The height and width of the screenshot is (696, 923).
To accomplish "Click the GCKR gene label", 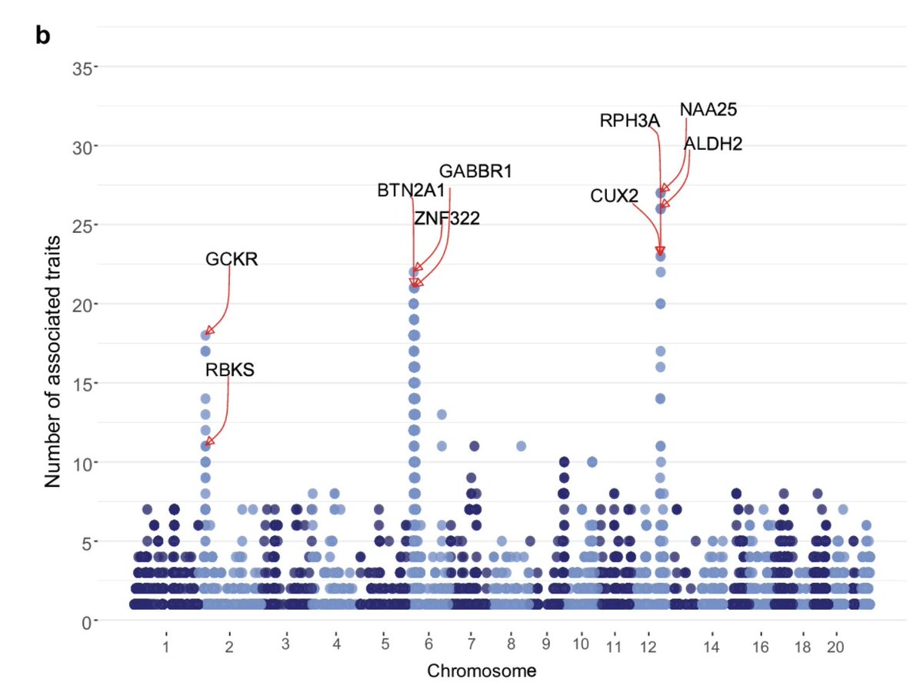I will point(232,259).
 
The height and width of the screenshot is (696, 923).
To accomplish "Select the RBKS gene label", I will point(229,370).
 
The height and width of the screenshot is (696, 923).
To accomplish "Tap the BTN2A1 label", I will point(411,190).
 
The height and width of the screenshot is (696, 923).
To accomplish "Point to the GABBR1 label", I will point(475,171).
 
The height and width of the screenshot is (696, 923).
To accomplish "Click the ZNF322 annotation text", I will point(446,218).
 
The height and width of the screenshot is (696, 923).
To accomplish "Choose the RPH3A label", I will point(630,121).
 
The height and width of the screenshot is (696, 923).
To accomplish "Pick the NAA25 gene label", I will point(708,109).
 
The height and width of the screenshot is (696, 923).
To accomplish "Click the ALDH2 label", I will point(713,144).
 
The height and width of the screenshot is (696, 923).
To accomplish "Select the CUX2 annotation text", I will point(614,196).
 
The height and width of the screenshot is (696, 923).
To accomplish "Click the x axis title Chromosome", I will point(481,671).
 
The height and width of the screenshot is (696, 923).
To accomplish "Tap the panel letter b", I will point(43,35).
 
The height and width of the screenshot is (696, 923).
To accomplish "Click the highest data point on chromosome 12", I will point(660,193).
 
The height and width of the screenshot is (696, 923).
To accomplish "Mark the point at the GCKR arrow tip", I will point(205,335).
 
